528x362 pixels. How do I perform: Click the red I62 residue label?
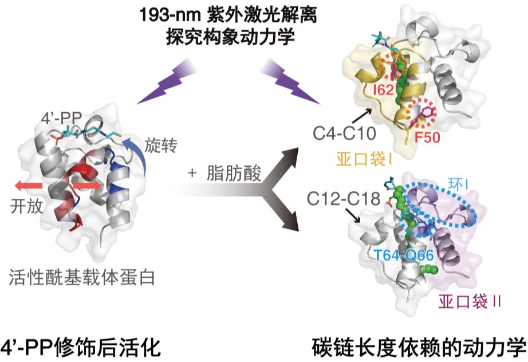[x=383, y=89]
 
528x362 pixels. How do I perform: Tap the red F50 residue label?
[x=427, y=137]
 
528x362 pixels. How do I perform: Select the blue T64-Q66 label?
[x=404, y=255]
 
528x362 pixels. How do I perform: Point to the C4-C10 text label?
[x=344, y=133]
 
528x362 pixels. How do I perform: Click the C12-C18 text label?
[x=343, y=199]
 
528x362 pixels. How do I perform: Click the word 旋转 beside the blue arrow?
[x=161, y=146]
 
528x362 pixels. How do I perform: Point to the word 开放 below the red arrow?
[x=26, y=206]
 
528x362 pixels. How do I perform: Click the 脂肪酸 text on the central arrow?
[x=234, y=174]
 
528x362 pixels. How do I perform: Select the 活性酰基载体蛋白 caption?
[x=82, y=277]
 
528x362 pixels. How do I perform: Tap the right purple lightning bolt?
[x=290, y=81]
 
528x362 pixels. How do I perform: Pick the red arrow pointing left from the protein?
[x=29, y=186]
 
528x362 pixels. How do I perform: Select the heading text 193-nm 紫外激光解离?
[x=228, y=15]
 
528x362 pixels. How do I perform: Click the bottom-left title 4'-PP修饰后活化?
[x=81, y=348]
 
